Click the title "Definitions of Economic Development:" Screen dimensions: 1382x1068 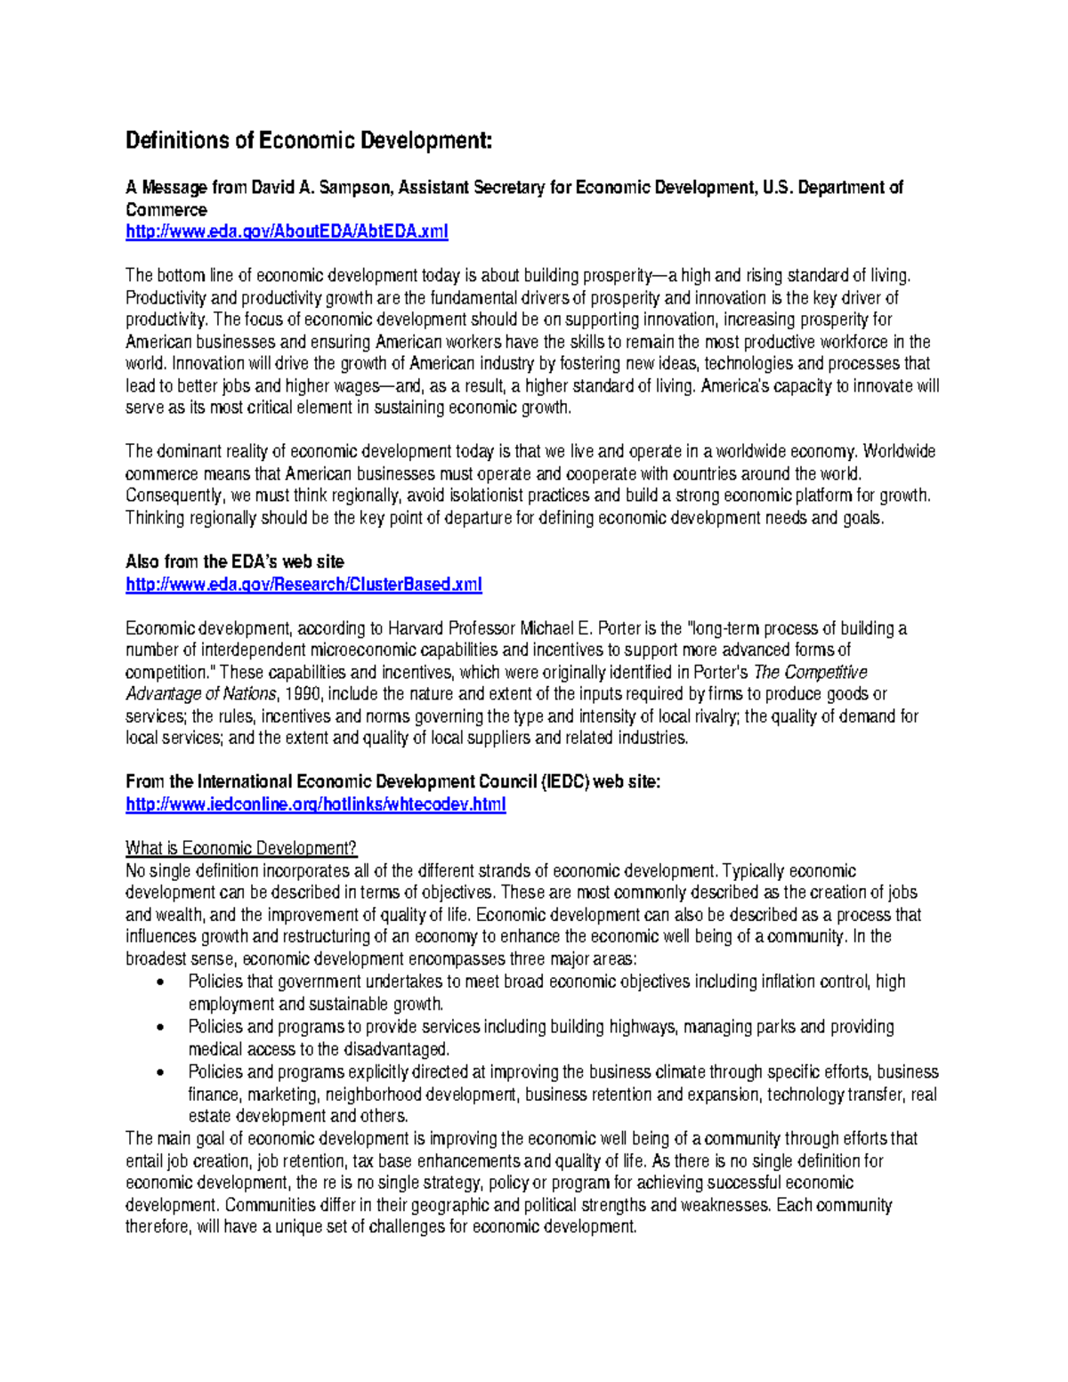pos(308,141)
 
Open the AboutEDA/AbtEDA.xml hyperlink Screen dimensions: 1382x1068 pos(287,231)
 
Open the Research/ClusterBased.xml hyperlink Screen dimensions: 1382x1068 pos(303,585)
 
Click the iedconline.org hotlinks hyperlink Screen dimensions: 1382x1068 pos(315,804)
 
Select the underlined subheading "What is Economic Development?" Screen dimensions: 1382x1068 pos(241,848)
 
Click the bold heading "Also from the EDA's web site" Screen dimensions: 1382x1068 pos(234,562)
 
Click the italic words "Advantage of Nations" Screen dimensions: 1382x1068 pos(202,694)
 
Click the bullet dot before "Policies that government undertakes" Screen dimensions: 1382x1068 pos(159,982)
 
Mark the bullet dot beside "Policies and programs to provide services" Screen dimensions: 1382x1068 pos(159,1027)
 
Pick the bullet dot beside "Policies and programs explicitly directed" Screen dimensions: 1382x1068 pos(159,1072)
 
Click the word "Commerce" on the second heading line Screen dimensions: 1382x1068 pos(166,210)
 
